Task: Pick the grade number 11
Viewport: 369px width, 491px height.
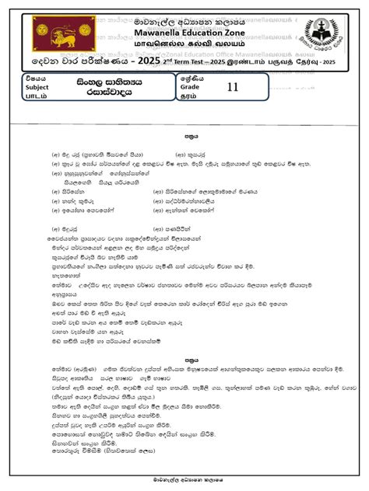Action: [232, 87]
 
